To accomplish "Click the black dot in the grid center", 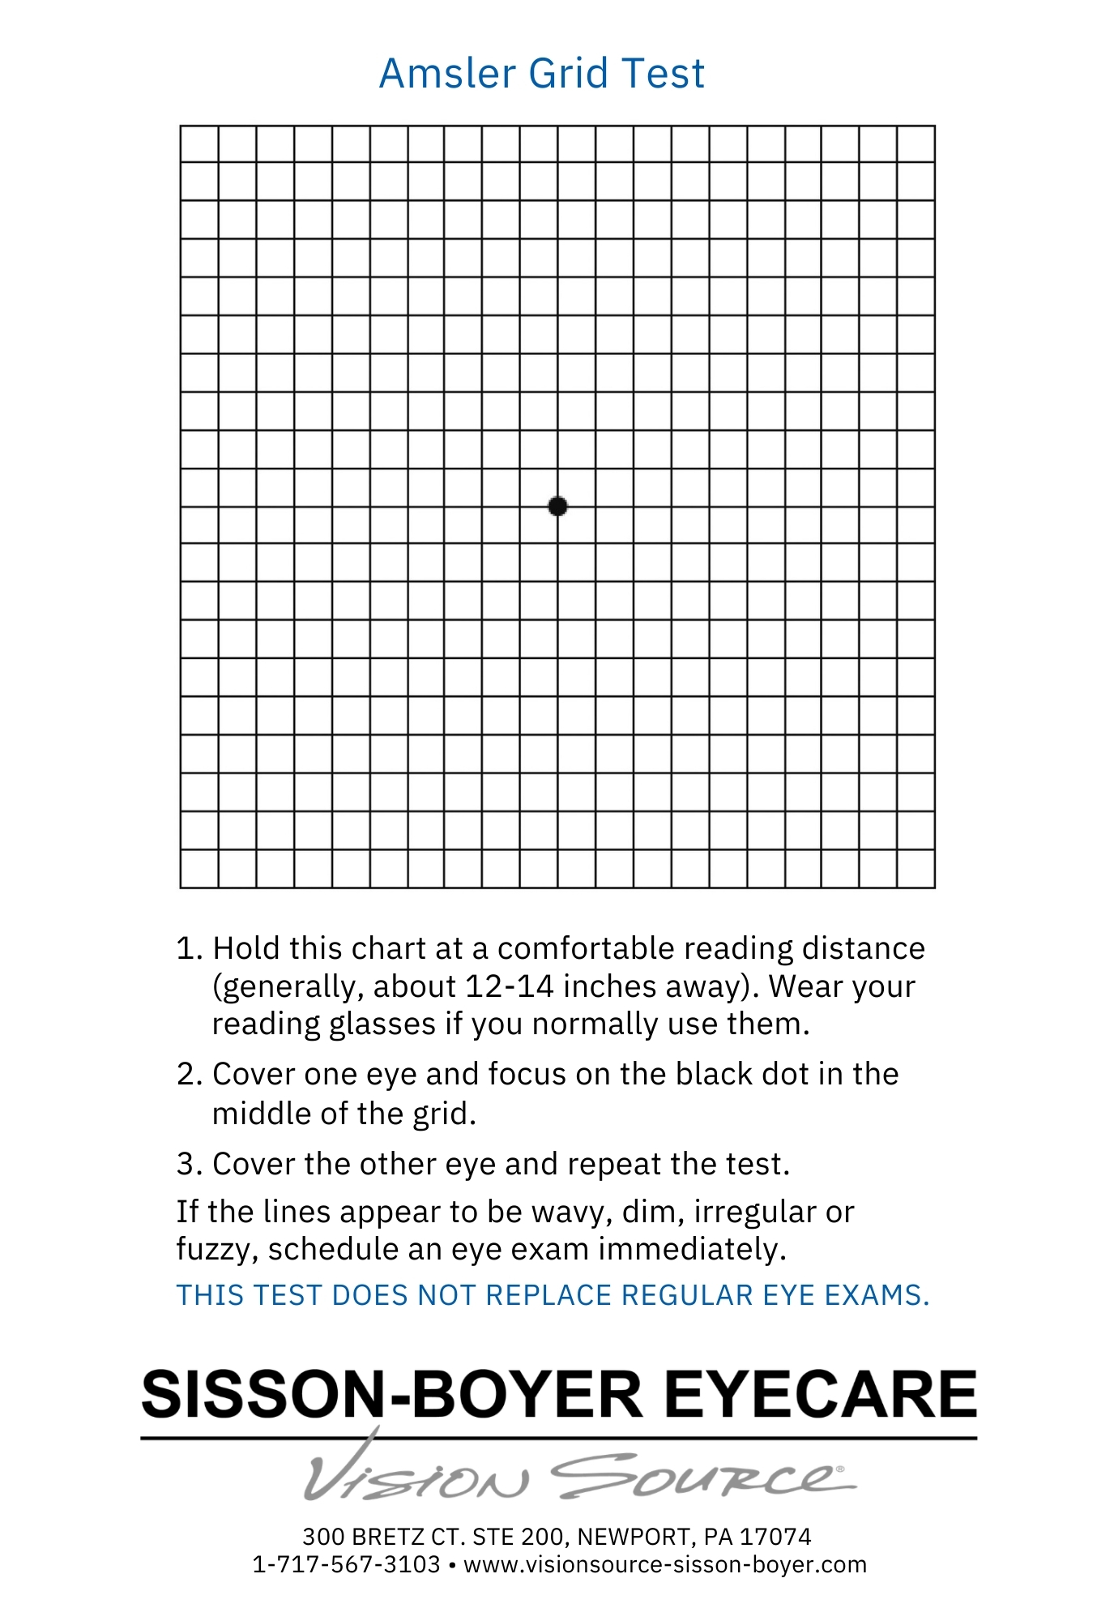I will [x=557, y=507].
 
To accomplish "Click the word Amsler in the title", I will [x=447, y=74].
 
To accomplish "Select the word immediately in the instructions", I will [x=692, y=1250].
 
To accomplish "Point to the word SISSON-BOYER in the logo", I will [x=392, y=1395].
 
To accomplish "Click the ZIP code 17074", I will [x=775, y=1537].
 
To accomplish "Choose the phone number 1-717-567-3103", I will [x=346, y=1564].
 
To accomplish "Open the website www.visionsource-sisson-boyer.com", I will [x=664, y=1564].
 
